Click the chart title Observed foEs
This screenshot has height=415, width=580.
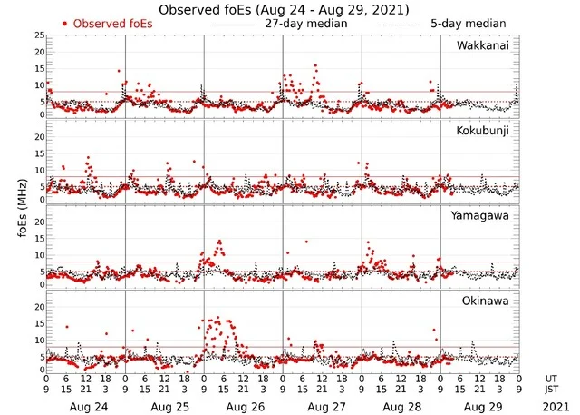283,9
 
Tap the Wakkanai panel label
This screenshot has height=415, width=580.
482,45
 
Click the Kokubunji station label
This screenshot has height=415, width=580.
482,131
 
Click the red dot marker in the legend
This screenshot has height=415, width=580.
66,23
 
